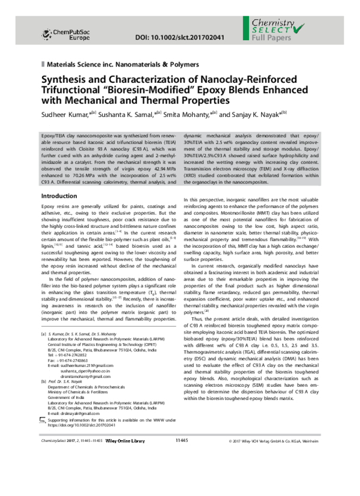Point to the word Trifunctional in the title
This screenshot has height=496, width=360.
click(71, 91)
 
